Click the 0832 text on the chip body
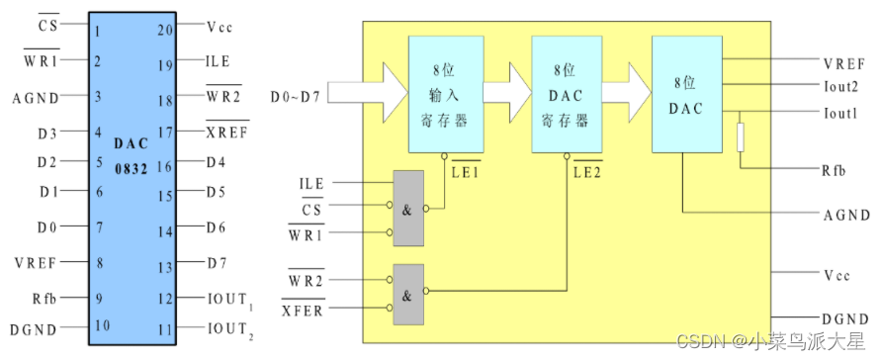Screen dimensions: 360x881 coord(130,169)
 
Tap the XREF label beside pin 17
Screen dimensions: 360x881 coord(226,131)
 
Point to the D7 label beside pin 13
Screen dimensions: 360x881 coord(218,264)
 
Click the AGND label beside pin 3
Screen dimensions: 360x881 coord(37,97)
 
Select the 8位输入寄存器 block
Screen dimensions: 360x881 coord(447,95)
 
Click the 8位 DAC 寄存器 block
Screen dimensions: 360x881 coord(568,95)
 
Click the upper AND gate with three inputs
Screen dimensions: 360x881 coord(408,208)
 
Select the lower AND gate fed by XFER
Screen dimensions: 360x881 coord(408,293)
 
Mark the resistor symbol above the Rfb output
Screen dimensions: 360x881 coord(741,136)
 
